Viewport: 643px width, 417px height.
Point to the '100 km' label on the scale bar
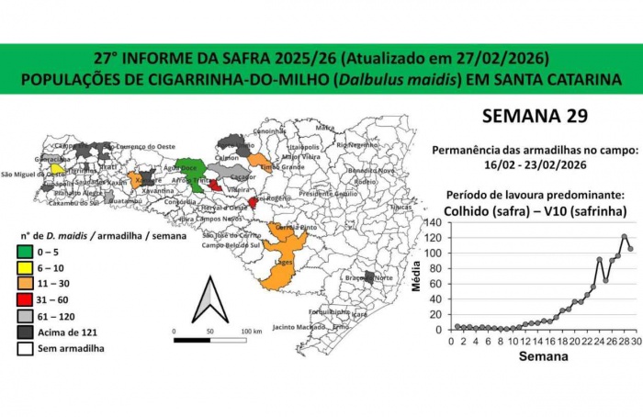click(252, 330)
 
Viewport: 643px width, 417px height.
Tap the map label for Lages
click(284, 261)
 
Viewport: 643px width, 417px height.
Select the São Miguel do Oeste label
click(33, 174)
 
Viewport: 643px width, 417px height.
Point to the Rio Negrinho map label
click(356, 144)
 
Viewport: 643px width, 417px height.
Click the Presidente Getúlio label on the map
click(328, 194)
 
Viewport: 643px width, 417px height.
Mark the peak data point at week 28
click(624, 236)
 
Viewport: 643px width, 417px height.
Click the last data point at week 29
click(630, 249)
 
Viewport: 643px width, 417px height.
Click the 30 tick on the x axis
click(636, 340)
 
